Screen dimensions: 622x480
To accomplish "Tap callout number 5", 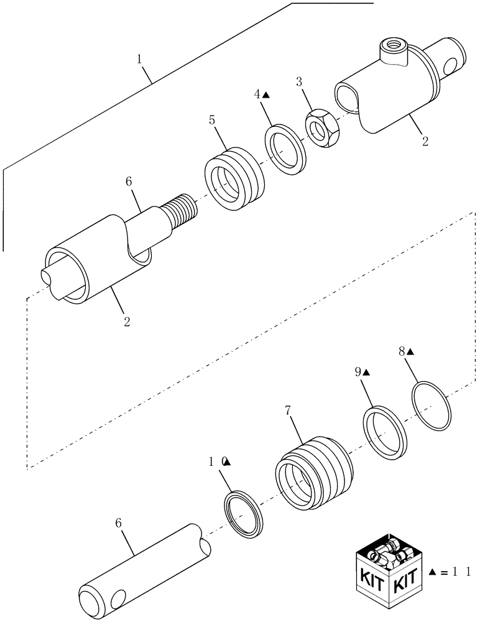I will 212,120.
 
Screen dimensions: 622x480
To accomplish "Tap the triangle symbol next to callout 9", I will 367,372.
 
